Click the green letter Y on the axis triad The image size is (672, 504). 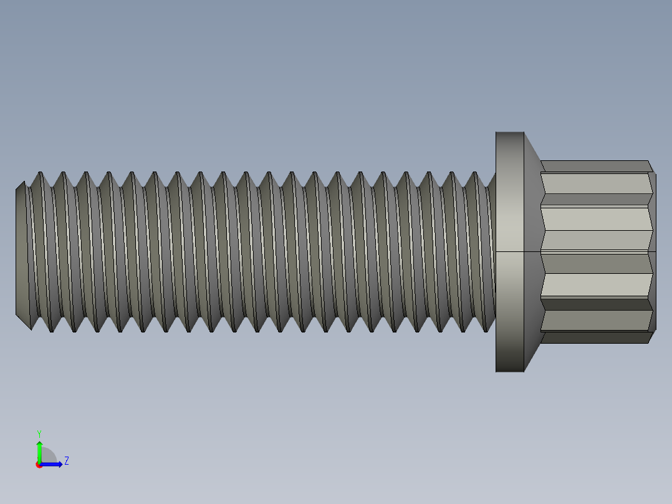[39, 433]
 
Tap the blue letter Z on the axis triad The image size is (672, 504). [66, 461]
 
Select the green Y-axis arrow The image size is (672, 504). [39, 450]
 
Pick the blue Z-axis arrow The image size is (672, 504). [53, 464]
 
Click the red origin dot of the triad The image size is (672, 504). [39, 465]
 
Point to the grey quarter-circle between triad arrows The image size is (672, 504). [48, 455]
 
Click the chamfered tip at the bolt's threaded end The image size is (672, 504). [21, 250]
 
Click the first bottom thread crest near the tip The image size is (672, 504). [51, 330]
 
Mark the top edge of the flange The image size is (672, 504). [509, 132]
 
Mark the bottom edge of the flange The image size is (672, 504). [509, 372]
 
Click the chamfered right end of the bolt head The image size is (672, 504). [653, 250]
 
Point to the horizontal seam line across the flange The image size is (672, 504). [509, 251]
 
